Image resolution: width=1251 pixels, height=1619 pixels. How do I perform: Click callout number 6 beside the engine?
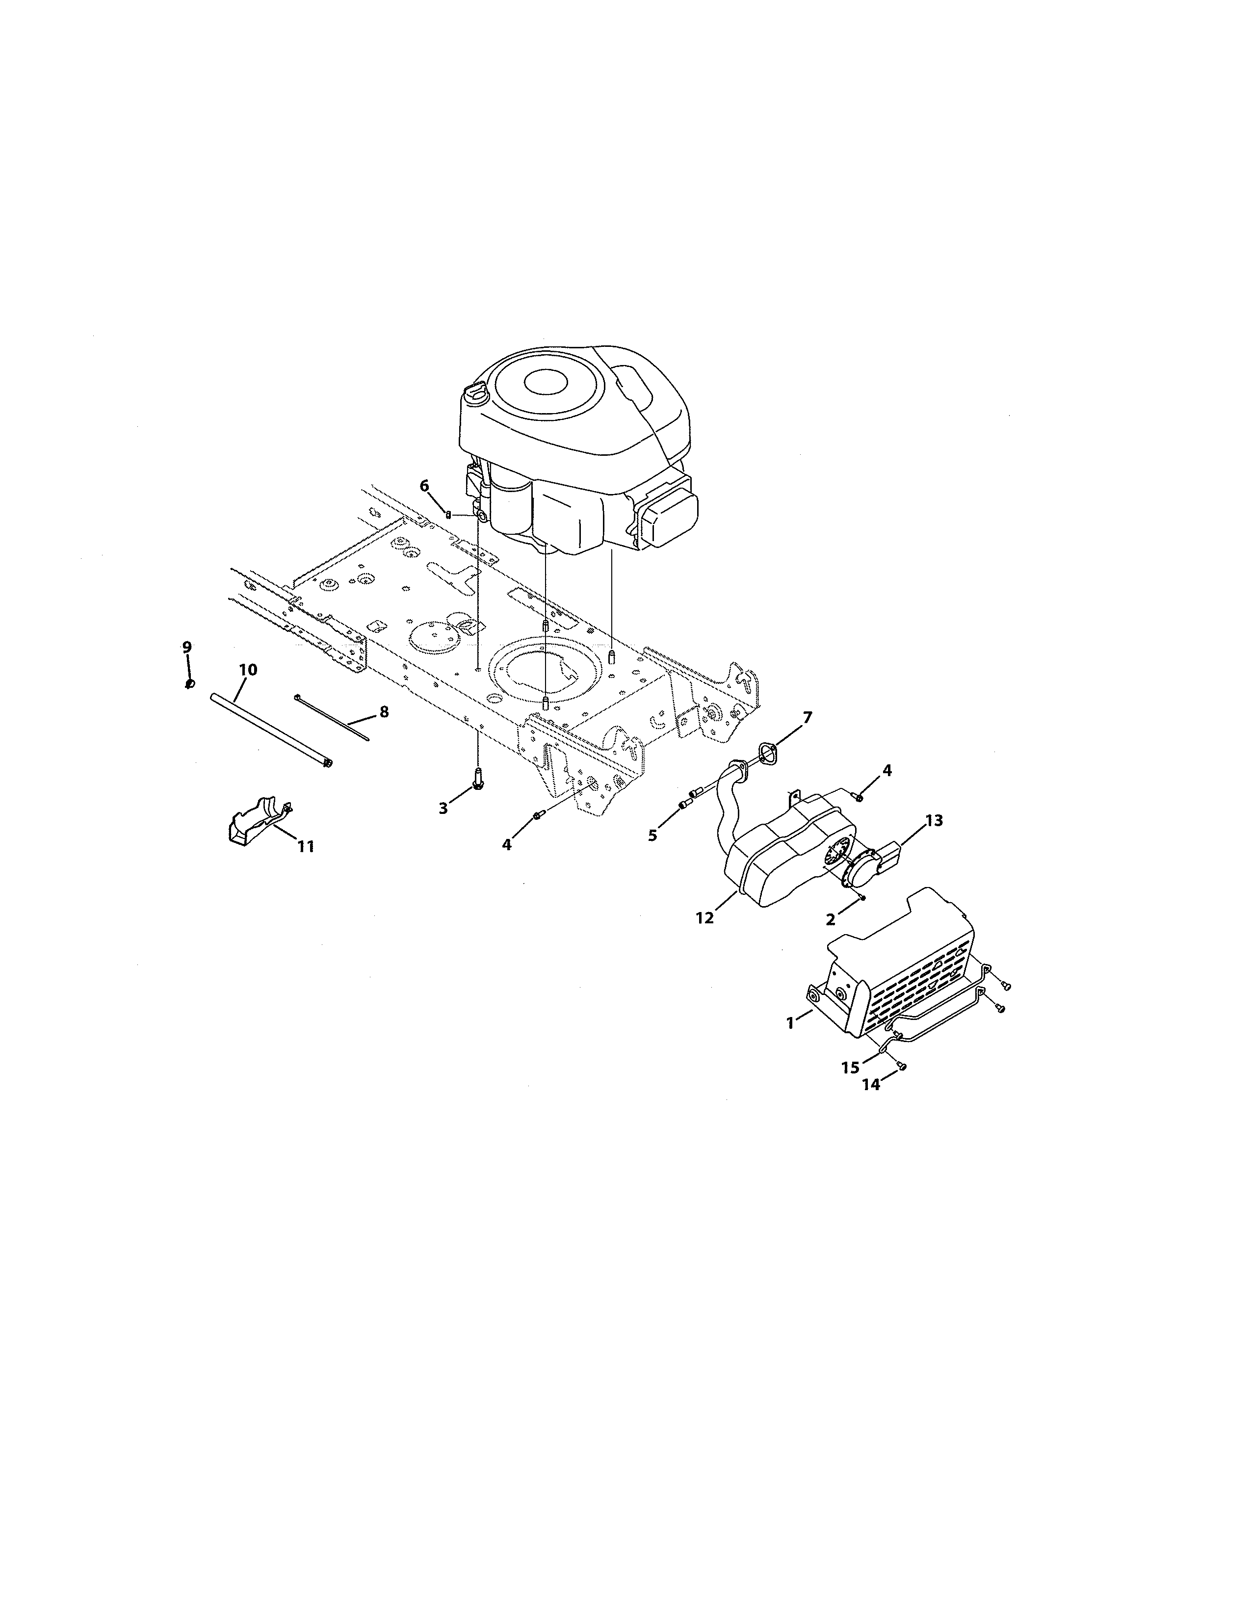pos(424,486)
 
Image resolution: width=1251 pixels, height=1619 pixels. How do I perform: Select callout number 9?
pos(187,647)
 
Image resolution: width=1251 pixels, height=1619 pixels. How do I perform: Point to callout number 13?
pos(934,821)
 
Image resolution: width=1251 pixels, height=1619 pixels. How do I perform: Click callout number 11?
pos(305,846)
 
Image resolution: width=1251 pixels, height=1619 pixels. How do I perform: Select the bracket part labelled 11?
pos(256,821)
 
